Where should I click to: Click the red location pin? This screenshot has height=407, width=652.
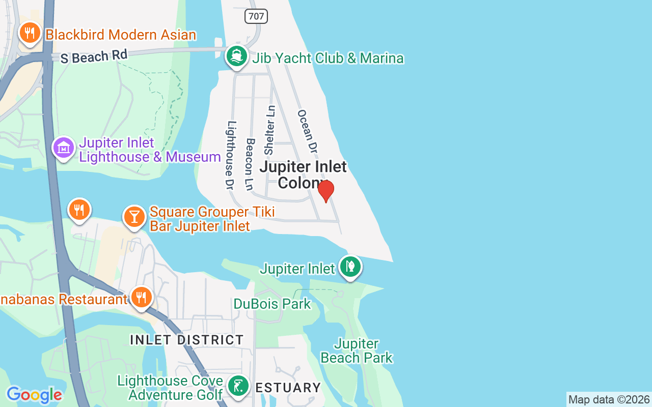click(x=326, y=191)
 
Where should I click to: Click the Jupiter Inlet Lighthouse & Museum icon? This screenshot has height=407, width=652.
click(x=64, y=148)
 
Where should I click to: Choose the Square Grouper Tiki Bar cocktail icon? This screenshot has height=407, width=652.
click(x=134, y=217)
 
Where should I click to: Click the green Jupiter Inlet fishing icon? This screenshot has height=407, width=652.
click(x=350, y=267)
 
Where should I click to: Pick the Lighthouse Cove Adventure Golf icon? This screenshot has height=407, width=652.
click(x=238, y=387)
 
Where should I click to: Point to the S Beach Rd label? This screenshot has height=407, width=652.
click(x=94, y=56)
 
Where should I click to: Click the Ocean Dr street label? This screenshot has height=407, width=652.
click(x=307, y=131)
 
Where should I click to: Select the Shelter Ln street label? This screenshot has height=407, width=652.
click(x=269, y=130)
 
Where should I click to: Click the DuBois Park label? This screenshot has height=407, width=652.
click(x=272, y=304)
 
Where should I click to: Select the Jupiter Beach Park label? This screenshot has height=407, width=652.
click(x=357, y=351)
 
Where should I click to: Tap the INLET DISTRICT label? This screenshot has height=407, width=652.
click(x=187, y=339)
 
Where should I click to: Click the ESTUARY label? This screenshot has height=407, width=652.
click(x=288, y=388)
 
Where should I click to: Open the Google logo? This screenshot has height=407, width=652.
click(x=34, y=395)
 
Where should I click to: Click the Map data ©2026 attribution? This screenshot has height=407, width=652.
click(x=609, y=400)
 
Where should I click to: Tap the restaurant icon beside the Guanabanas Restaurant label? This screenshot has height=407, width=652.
click(x=141, y=298)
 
